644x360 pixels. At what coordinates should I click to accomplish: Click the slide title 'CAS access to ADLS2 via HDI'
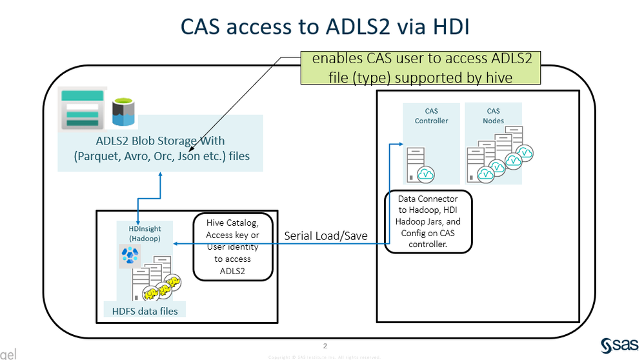point(321,26)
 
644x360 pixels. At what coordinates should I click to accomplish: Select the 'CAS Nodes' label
point(494,115)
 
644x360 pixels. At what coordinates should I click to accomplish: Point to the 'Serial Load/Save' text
point(326,236)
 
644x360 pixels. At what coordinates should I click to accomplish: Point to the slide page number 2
point(325,345)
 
